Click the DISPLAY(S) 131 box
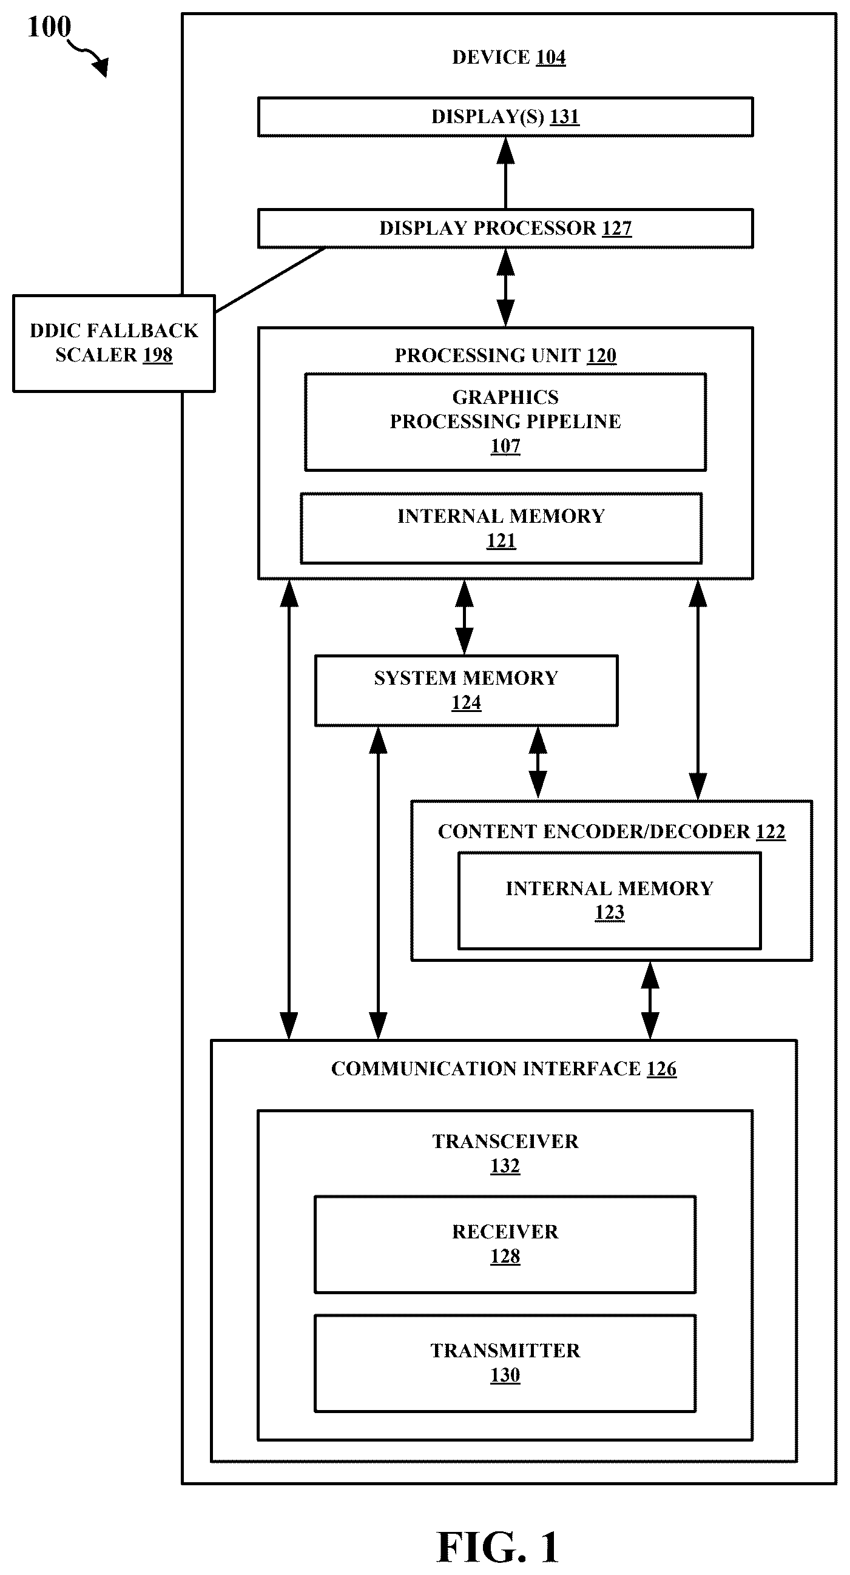pyautogui.click(x=505, y=116)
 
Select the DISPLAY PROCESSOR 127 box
pyautogui.click(x=505, y=228)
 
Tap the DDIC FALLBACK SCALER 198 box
pyautogui.click(x=113, y=343)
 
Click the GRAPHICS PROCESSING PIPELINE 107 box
pyautogui.click(x=505, y=422)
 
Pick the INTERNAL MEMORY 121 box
pyautogui.click(x=501, y=528)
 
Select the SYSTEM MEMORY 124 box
pyautogui.click(x=466, y=690)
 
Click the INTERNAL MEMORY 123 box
pyautogui.click(x=609, y=900)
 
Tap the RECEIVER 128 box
pyautogui.click(x=505, y=1244)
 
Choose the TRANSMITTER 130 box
pyautogui.click(x=505, y=1363)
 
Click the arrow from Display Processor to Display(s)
pyautogui.click(x=505, y=172)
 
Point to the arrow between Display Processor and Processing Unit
pyautogui.click(x=505, y=288)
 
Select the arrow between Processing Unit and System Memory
pyautogui.click(x=464, y=617)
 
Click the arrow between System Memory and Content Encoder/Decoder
pyautogui.click(x=538, y=763)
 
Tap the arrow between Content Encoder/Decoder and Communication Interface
pyautogui.click(x=649, y=1000)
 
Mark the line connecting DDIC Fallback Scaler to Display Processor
pyautogui.click(x=269, y=280)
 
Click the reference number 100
pyautogui.click(x=49, y=27)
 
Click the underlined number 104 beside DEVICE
pyautogui.click(x=550, y=58)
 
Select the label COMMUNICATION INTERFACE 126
pyautogui.click(x=504, y=1068)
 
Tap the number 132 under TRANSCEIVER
pyautogui.click(x=505, y=1166)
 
